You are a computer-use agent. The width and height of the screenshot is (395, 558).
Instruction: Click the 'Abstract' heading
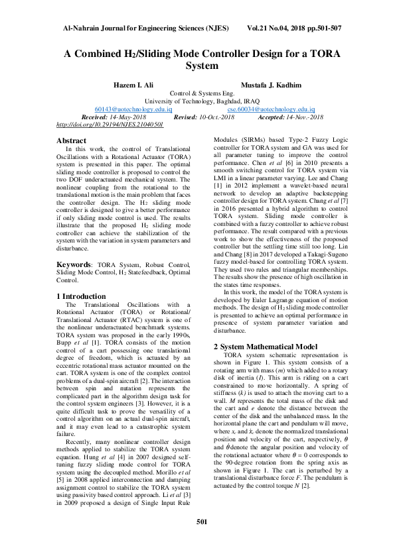71,140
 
